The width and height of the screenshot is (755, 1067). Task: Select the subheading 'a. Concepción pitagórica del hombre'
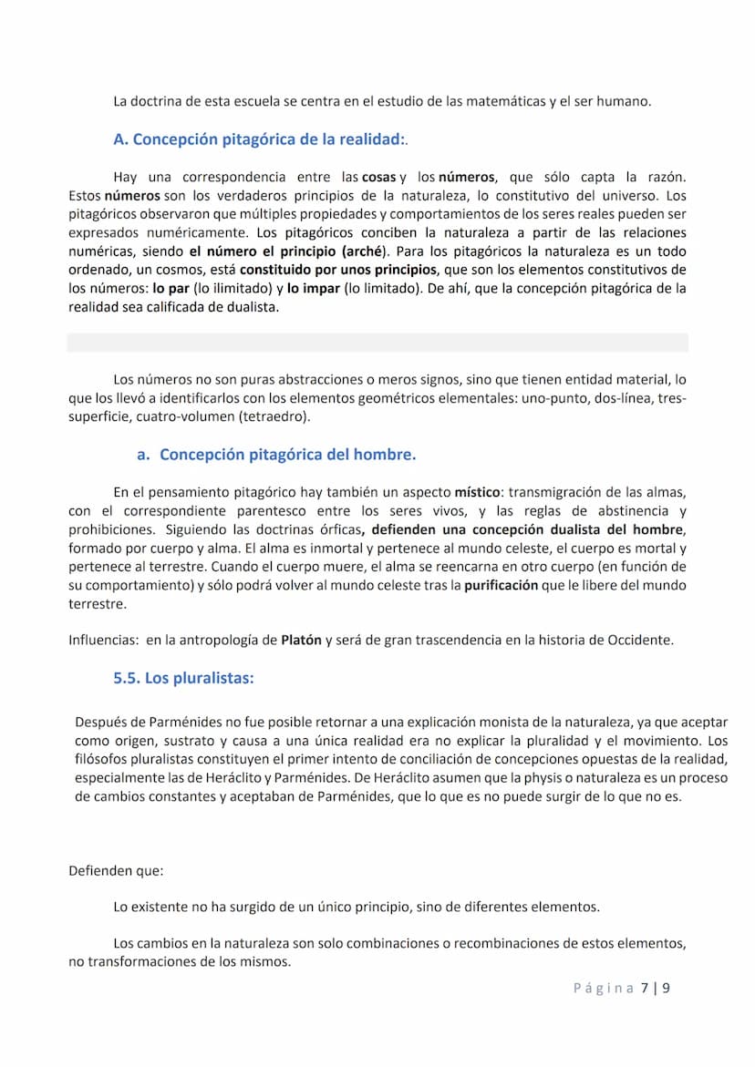point(275,454)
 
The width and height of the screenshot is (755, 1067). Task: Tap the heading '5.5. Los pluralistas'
point(183,678)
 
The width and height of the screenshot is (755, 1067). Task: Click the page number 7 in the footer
point(645,988)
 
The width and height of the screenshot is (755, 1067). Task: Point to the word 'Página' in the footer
point(603,988)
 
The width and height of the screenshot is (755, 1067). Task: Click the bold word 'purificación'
point(501,585)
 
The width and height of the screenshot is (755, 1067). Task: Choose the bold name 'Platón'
point(301,640)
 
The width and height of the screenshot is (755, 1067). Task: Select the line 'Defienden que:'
point(116,870)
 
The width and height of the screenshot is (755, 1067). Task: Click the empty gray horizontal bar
point(377,343)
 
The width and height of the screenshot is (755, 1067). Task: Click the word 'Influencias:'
point(103,640)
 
